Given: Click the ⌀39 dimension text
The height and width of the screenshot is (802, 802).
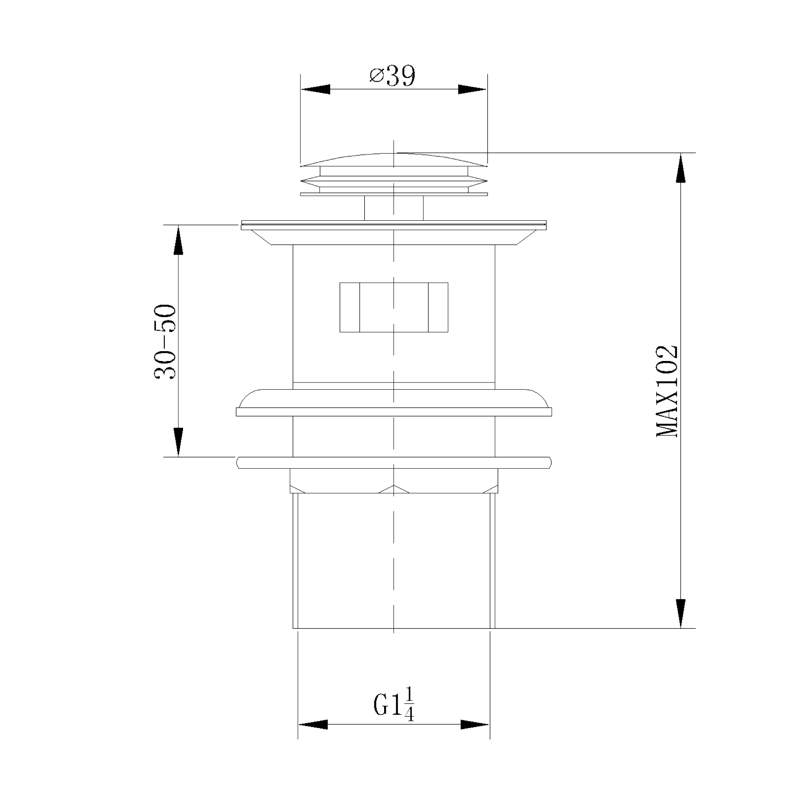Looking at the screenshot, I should click(392, 77).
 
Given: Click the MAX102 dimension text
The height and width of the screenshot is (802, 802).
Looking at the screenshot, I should click(667, 391).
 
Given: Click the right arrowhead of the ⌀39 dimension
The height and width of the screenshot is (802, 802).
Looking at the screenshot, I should click(472, 89).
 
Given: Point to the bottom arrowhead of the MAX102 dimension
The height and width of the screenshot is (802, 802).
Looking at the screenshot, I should click(681, 613).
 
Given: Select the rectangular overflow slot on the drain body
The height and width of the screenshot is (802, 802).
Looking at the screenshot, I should click(394, 307).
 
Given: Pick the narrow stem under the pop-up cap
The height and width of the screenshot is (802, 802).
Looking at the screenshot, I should click(394, 208).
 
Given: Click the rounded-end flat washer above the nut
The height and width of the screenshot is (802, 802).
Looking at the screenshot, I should click(394, 462).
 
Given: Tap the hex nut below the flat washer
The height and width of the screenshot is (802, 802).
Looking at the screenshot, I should click(394, 481).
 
